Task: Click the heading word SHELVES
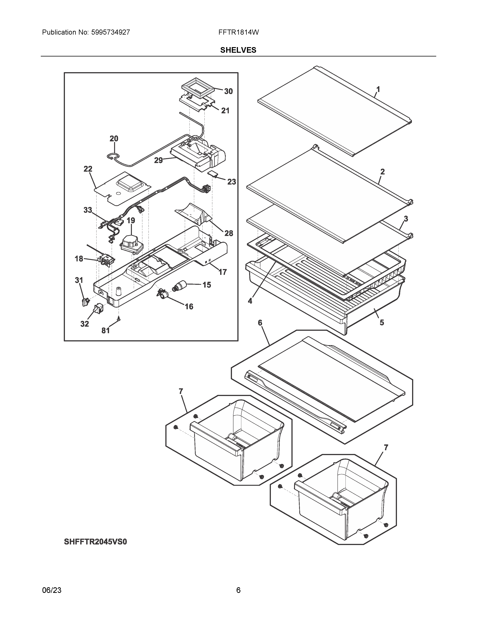[x=238, y=50]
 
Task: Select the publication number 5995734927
[x=111, y=32]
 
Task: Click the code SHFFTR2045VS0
[x=96, y=542]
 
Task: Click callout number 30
[x=228, y=91]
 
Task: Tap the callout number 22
[x=88, y=169]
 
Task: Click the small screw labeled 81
[x=119, y=319]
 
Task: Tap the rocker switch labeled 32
[x=98, y=308]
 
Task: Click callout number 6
[x=260, y=323]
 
